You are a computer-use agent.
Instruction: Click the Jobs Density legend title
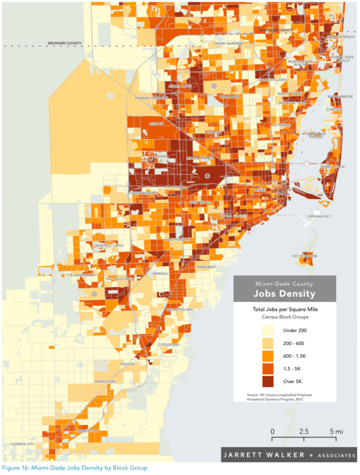pyautogui.click(x=284, y=294)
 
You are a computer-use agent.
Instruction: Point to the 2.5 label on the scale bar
pyautogui.click(x=304, y=431)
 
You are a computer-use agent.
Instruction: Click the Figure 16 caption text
pyautogui.click(x=75, y=468)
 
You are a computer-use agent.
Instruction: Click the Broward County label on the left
pyautogui.click(x=64, y=43)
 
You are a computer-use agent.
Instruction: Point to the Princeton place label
pyautogui.click(x=104, y=381)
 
